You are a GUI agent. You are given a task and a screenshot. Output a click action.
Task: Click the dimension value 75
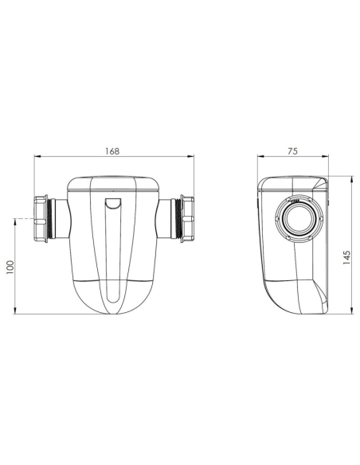[x=292, y=150]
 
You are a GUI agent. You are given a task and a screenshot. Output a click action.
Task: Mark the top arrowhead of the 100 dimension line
[x=17, y=218]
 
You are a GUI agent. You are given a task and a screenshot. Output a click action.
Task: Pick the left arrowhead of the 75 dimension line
[x=259, y=158]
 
